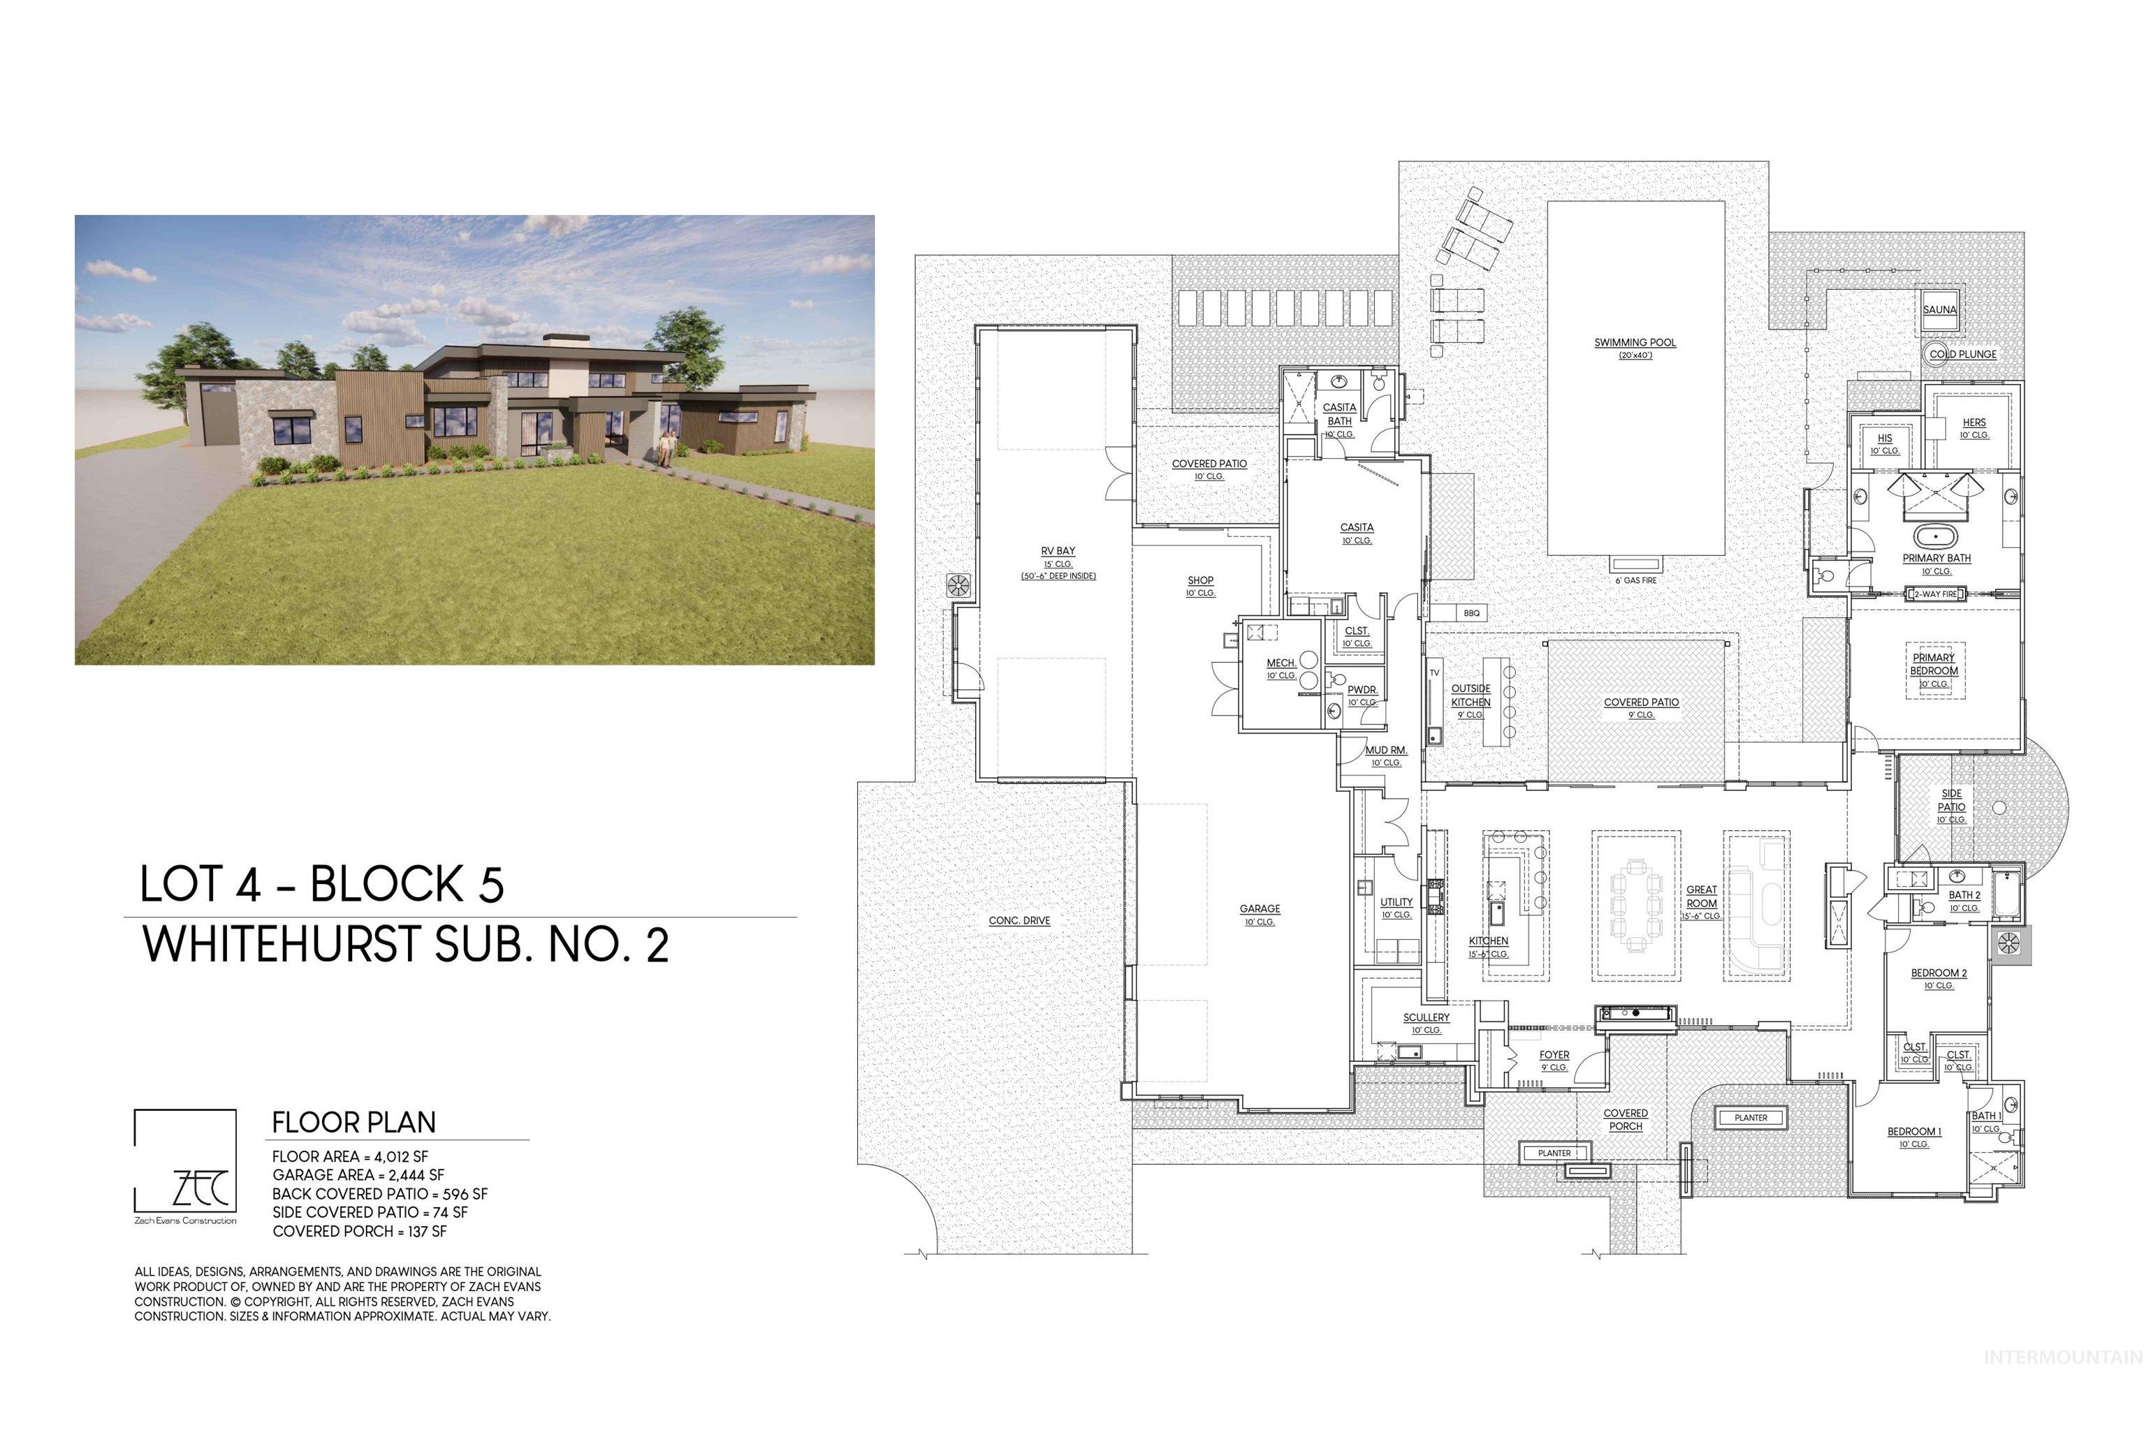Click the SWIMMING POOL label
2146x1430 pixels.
tap(1635, 343)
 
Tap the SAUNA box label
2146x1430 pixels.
tap(1939, 309)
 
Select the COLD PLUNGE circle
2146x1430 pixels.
tap(1937, 355)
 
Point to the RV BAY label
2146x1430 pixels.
tap(1058, 551)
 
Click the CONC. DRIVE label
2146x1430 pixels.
tap(1019, 920)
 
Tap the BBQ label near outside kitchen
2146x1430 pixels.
tap(1470, 613)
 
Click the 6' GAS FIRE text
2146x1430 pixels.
tap(1635, 580)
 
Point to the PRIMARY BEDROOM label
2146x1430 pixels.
tap(1934, 664)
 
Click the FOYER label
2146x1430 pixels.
tap(1554, 1054)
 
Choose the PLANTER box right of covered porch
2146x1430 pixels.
tap(1750, 1117)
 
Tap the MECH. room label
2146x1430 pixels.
tap(1281, 663)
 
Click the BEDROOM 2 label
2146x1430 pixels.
tap(1939, 973)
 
